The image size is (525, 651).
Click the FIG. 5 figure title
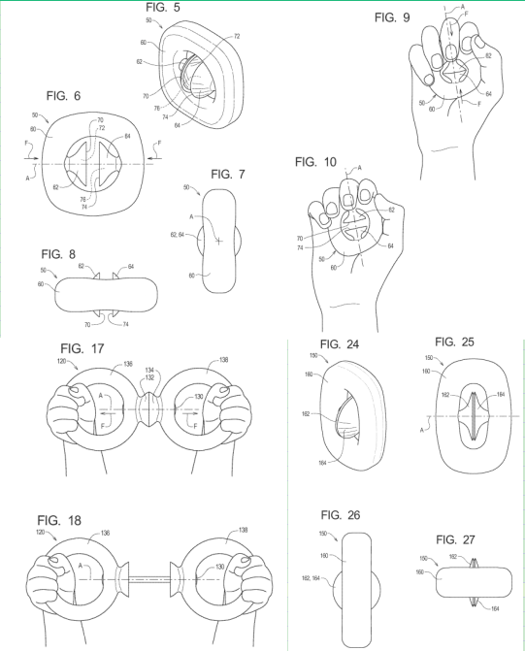(163, 8)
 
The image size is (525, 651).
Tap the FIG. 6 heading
(63, 96)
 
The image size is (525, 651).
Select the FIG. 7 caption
(228, 175)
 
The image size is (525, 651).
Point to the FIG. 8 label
(58, 254)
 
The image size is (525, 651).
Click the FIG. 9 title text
(392, 17)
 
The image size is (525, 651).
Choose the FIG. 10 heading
(315, 162)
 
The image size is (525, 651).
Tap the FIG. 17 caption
(82, 348)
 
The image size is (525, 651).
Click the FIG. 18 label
(59, 521)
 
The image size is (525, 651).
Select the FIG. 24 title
(340, 344)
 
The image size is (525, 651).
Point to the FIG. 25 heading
(454, 342)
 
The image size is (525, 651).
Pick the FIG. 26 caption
(341, 515)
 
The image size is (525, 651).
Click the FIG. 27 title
(455, 539)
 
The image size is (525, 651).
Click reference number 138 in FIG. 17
(223, 360)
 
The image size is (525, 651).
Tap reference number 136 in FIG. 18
(105, 533)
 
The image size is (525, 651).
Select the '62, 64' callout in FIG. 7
(178, 235)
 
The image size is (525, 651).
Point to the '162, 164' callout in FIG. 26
(311, 578)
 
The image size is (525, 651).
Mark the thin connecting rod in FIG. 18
(149, 577)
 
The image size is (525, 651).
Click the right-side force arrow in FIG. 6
(153, 158)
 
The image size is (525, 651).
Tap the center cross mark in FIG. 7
(218, 241)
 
